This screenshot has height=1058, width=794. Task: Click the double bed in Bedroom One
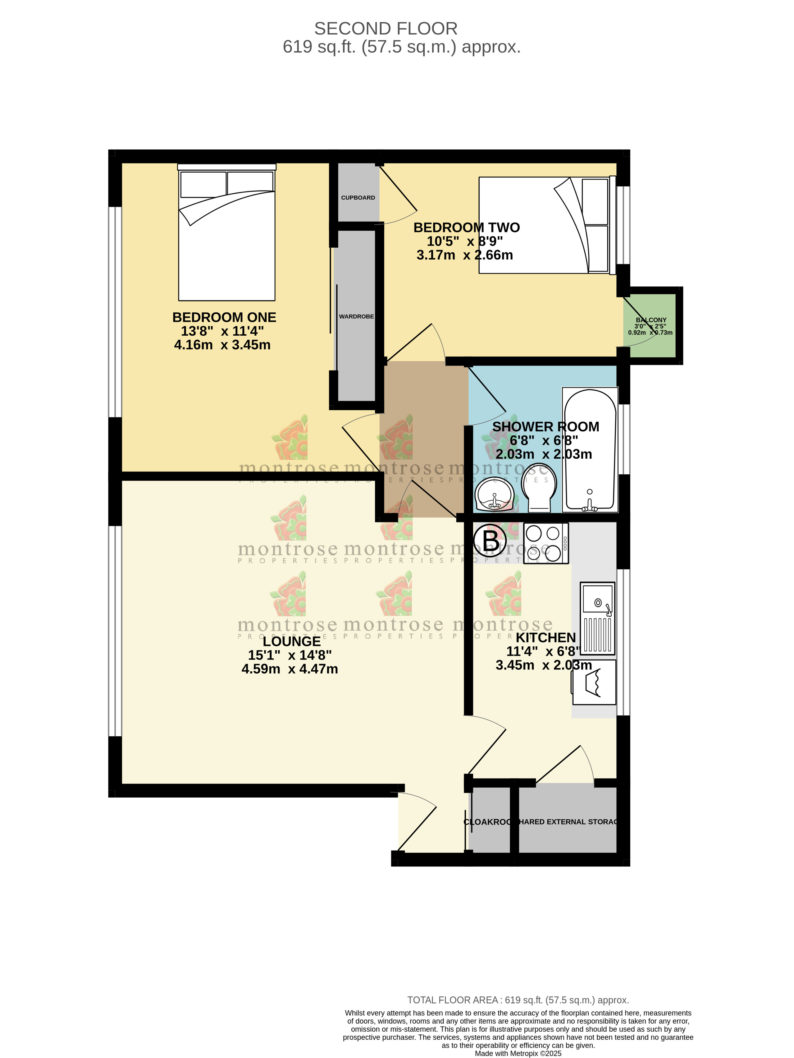[x=226, y=234]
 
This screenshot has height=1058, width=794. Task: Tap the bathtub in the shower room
[x=589, y=450]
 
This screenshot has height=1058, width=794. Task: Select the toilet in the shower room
[x=539, y=487]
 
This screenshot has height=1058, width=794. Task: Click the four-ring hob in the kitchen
[x=545, y=543]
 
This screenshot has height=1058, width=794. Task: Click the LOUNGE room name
[x=292, y=642]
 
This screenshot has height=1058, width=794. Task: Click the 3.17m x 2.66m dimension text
[x=464, y=255]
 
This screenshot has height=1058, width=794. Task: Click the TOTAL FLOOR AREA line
[x=518, y=1000]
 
